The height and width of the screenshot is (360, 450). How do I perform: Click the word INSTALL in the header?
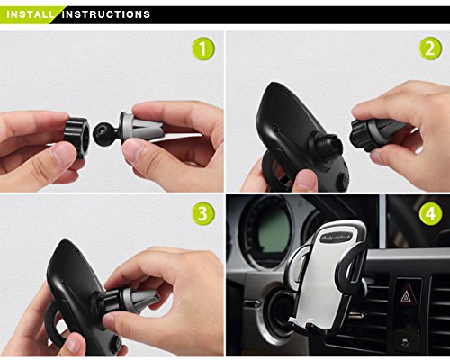pyautogui.click(x=30, y=14)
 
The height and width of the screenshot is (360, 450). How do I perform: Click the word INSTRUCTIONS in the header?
pyautogui.click(x=106, y=14)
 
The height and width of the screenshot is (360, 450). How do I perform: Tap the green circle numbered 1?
pyautogui.click(x=203, y=49)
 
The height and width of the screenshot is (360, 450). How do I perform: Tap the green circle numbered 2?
pyautogui.click(x=430, y=49)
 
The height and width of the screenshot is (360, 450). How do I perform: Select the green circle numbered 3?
pyautogui.click(x=203, y=214)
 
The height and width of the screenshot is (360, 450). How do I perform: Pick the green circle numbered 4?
pyautogui.click(x=431, y=214)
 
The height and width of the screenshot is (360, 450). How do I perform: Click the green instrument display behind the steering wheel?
pyautogui.click(x=274, y=231)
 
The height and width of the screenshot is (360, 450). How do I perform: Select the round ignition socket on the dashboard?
pyautogui.click(x=277, y=313)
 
